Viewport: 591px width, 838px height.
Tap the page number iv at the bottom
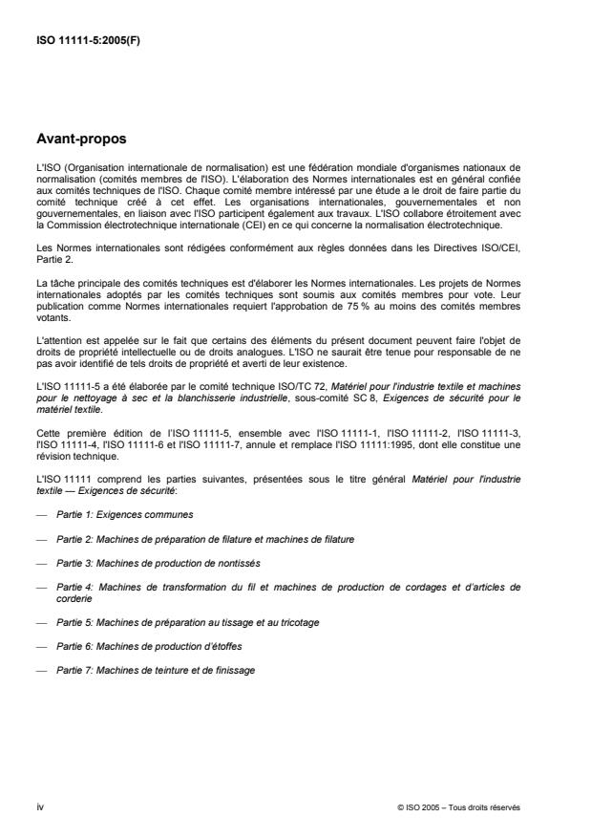click(39, 806)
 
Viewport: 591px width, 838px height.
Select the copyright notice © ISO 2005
click(459, 806)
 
